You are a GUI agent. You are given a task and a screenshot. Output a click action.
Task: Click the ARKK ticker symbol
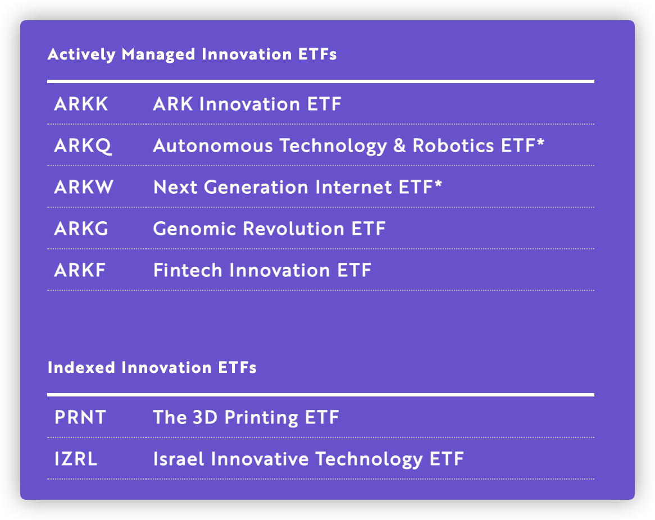coord(81,104)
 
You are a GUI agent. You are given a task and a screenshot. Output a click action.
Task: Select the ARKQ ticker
coord(83,146)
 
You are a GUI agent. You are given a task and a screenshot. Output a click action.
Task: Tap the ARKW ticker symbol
coord(84,187)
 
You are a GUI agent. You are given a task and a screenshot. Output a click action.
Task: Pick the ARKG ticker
coord(81,229)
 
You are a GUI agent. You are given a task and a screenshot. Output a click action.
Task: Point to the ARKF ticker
coord(80,270)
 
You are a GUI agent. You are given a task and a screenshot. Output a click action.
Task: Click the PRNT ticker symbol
coord(80,417)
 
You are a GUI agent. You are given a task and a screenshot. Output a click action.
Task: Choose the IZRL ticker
coord(76,459)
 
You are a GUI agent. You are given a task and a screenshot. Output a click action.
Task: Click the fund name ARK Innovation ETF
coord(247,104)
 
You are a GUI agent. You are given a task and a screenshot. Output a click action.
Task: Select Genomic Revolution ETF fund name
coord(270,229)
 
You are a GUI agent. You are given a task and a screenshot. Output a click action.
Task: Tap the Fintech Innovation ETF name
coord(262,270)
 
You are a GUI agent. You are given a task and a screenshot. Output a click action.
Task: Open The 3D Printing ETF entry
coord(246,418)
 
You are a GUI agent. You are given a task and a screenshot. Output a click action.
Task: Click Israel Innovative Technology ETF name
coord(309,459)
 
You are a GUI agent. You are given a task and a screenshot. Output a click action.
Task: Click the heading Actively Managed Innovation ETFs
coord(192,54)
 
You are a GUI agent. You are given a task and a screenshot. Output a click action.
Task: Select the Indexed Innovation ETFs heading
coord(152,368)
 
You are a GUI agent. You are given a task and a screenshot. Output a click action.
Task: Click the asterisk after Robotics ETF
coord(540,142)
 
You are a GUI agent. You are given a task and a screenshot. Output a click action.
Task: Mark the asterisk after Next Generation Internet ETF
coord(438,184)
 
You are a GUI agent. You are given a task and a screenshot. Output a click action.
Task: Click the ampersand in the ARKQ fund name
coord(400,146)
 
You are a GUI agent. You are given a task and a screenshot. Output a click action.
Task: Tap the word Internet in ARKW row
coord(354,187)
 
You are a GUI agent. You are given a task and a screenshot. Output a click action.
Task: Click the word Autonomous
coord(213,146)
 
